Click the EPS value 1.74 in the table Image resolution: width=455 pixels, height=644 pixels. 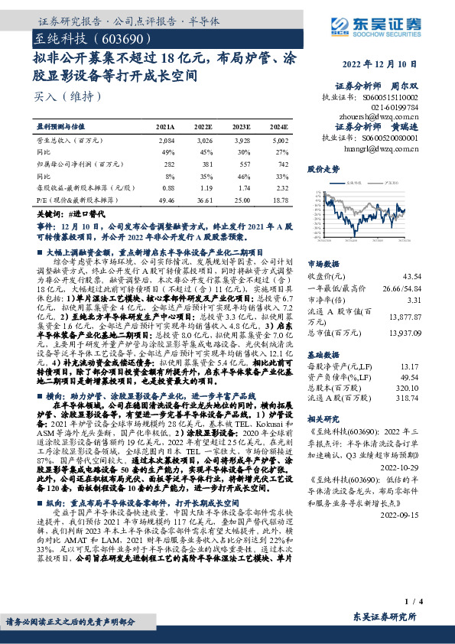242,187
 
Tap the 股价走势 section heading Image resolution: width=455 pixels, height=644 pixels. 322,168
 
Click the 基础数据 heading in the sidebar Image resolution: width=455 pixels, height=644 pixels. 323,356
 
